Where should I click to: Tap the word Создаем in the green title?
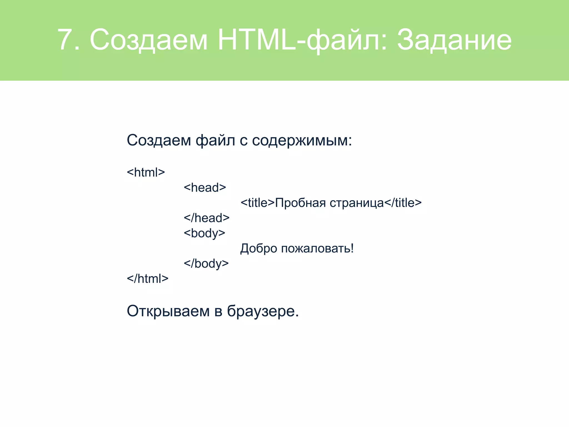[x=149, y=39]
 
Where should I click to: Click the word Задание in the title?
[x=454, y=39]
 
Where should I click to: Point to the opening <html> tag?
[x=146, y=172]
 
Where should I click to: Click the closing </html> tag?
[x=148, y=279]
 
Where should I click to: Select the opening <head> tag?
[x=205, y=188]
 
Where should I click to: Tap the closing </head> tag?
[x=206, y=218]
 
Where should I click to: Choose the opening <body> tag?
[x=204, y=233]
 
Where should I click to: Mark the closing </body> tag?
[x=206, y=264]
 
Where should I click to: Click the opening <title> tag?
[x=258, y=203]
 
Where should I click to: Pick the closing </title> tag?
[x=403, y=203]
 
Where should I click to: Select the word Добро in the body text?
[x=259, y=248]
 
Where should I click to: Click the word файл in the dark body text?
[x=215, y=140]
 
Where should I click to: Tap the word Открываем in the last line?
[x=168, y=311]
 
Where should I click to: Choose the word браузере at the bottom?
[x=263, y=311]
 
